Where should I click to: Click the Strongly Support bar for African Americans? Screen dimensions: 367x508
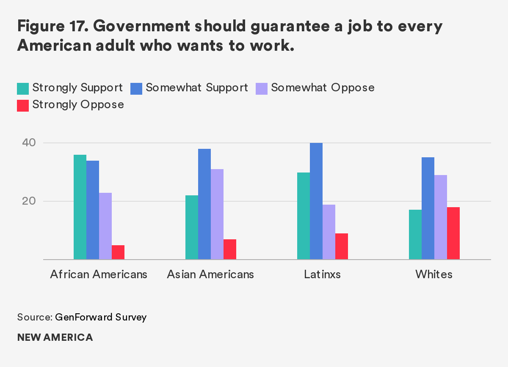coord(80,207)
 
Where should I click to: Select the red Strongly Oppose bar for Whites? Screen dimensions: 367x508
coord(453,233)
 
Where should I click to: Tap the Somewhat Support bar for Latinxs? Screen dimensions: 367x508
coord(316,201)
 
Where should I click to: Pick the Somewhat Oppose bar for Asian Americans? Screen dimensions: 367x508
coord(217,214)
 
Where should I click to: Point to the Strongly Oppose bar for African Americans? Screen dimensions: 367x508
coord(118,252)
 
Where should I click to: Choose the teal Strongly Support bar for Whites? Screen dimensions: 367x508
coord(415,235)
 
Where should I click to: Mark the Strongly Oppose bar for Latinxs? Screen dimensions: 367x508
coord(342,246)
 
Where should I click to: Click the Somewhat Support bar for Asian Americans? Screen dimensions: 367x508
coord(204,204)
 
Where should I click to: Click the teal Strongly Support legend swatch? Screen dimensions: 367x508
coord(23,88)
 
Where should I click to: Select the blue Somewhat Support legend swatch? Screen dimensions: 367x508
coord(136,88)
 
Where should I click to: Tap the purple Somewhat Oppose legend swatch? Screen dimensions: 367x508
coord(262,88)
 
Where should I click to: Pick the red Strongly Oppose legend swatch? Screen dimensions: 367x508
coord(23,105)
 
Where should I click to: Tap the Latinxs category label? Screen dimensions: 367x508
coord(322,274)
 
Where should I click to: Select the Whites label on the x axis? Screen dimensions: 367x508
coord(434,274)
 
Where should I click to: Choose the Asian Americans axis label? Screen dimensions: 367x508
coord(210,274)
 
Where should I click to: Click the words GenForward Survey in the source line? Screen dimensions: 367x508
coord(101,317)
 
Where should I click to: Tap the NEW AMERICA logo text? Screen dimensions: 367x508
coord(55,337)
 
